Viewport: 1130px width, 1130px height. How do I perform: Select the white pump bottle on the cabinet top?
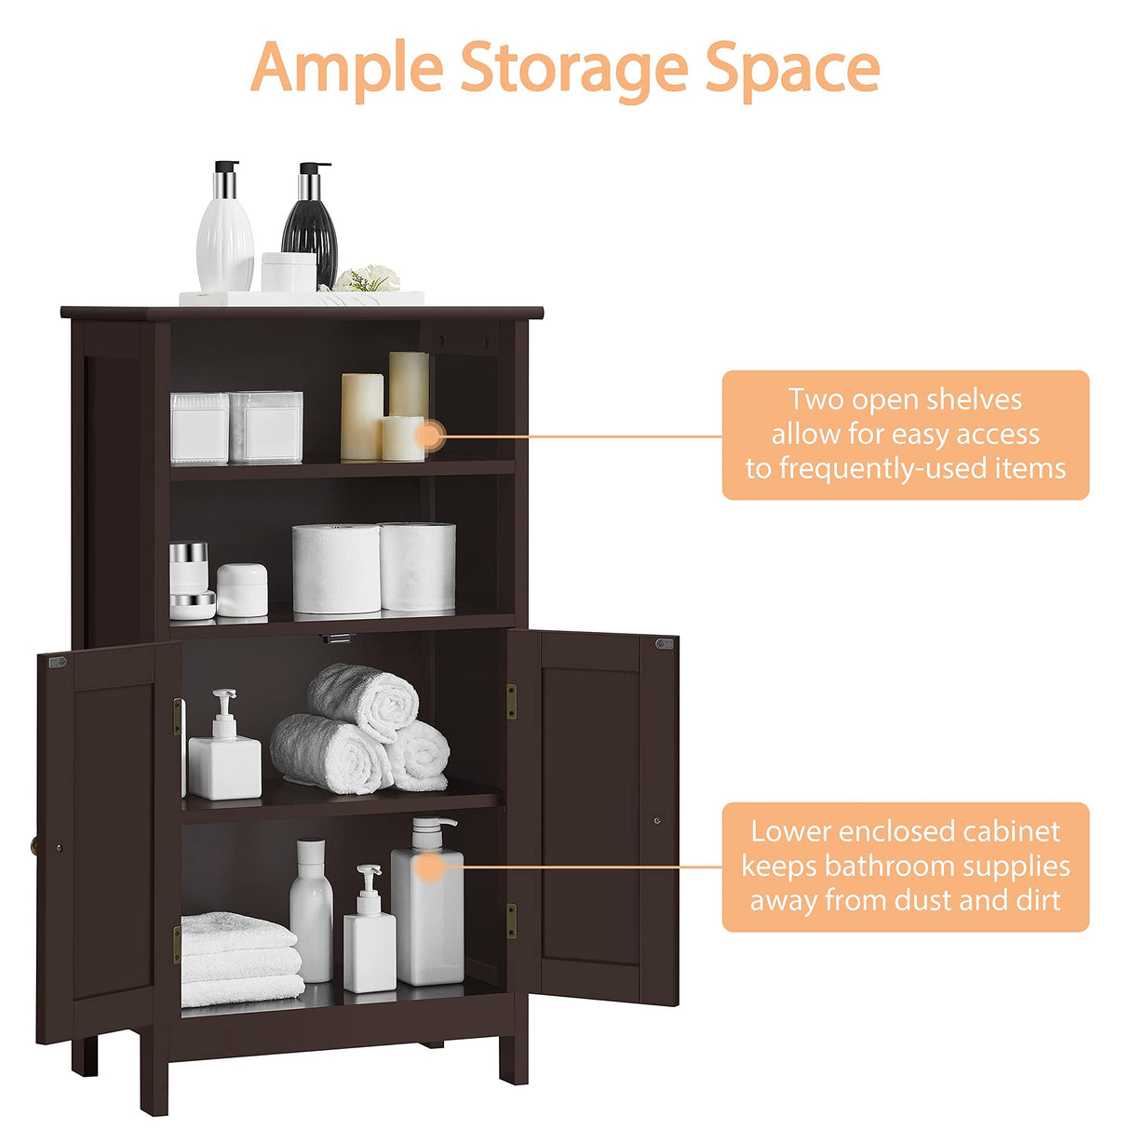click(x=225, y=233)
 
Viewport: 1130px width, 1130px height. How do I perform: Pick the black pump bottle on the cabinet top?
click(x=310, y=228)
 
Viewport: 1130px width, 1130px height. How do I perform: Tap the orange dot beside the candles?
click(x=429, y=435)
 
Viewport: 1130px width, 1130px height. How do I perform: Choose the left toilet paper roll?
click(x=336, y=568)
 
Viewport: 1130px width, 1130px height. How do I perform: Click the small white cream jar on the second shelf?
click(x=242, y=590)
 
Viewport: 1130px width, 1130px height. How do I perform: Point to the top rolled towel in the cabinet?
click(x=363, y=699)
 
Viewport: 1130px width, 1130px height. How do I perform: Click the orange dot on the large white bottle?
click(x=428, y=868)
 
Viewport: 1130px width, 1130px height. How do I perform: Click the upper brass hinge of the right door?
click(x=511, y=701)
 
